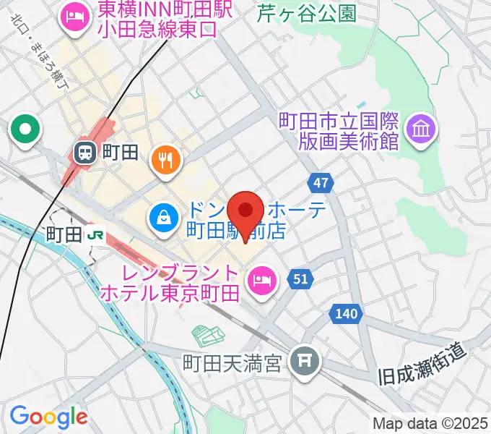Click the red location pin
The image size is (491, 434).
tap(245, 211)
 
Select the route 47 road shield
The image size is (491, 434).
tap(323, 182)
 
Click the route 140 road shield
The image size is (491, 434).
tap(346, 313)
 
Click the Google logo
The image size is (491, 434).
tap(48, 417)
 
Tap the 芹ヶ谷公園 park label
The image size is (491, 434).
tap(307, 12)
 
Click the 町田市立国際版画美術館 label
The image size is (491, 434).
tap(339, 130)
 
